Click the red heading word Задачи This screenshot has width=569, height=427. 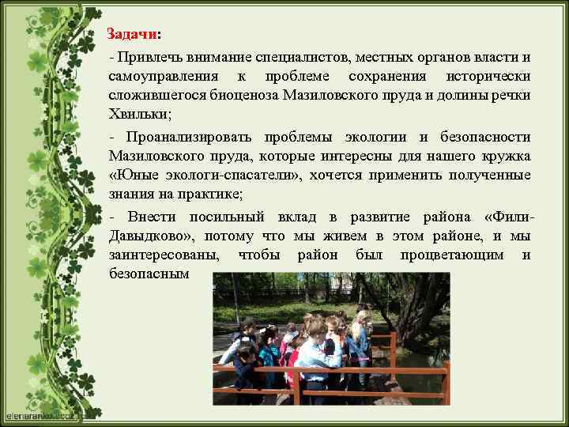[x=132, y=36]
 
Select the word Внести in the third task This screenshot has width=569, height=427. [x=148, y=217]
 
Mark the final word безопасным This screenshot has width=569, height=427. [x=150, y=274]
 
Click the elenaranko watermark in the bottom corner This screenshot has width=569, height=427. [x=36, y=414]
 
